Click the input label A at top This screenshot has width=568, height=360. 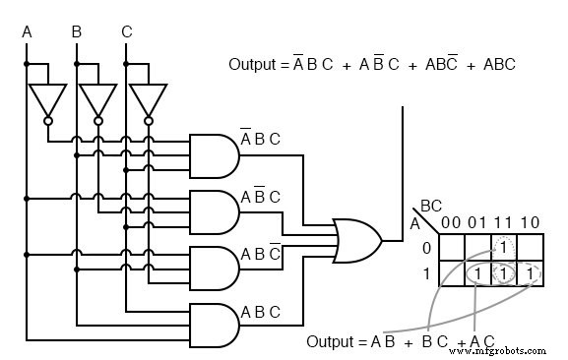(27, 32)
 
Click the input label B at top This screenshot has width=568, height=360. (76, 32)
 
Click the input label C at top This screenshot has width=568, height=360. (126, 32)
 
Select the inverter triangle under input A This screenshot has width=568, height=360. (47, 98)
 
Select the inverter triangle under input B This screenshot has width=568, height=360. (97, 98)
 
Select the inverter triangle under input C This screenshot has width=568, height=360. (148, 98)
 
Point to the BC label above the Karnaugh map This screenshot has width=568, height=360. (430, 206)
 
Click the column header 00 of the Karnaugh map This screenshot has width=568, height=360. (451, 222)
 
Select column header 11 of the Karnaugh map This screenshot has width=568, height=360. (503, 222)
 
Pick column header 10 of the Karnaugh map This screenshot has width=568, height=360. (530, 222)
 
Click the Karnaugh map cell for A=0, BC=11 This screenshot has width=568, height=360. (503, 247)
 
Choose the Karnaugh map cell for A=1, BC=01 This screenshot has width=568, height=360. (477, 272)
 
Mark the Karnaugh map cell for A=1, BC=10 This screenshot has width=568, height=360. (530, 272)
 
